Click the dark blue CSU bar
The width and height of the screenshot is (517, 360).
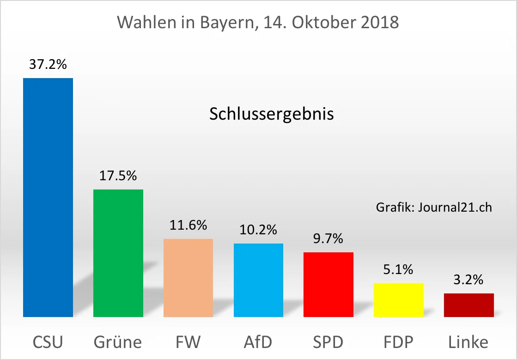[x=48, y=197]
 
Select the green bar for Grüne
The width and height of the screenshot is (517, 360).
[x=118, y=253]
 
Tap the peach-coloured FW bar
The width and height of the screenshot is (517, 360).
[x=188, y=278]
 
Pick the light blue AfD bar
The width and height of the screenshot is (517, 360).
[x=258, y=280]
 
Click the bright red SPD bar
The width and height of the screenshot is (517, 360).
[x=328, y=285]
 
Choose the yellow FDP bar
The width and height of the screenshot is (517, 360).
[x=399, y=300]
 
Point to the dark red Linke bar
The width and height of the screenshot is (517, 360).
[x=469, y=305]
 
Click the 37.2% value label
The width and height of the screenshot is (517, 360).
[x=48, y=64]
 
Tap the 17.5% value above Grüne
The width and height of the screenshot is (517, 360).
[x=118, y=176]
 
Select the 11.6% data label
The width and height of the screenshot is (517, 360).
[x=188, y=225]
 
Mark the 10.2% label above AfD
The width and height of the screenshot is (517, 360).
[x=258, y=229]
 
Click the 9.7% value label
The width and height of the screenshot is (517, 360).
[x=328, y=238]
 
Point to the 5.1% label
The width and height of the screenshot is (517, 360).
[x=399, y=269]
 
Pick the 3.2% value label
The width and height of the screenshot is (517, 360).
[x=469, y=280]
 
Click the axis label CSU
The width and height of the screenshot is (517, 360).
[x=48, y=342]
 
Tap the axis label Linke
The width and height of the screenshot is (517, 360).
[x=468, y=342]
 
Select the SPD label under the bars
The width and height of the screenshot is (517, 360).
[x=328, y=342]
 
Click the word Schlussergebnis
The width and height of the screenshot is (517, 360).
[x=271, y=114]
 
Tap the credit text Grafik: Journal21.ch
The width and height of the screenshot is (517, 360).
[x=434, y=207]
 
